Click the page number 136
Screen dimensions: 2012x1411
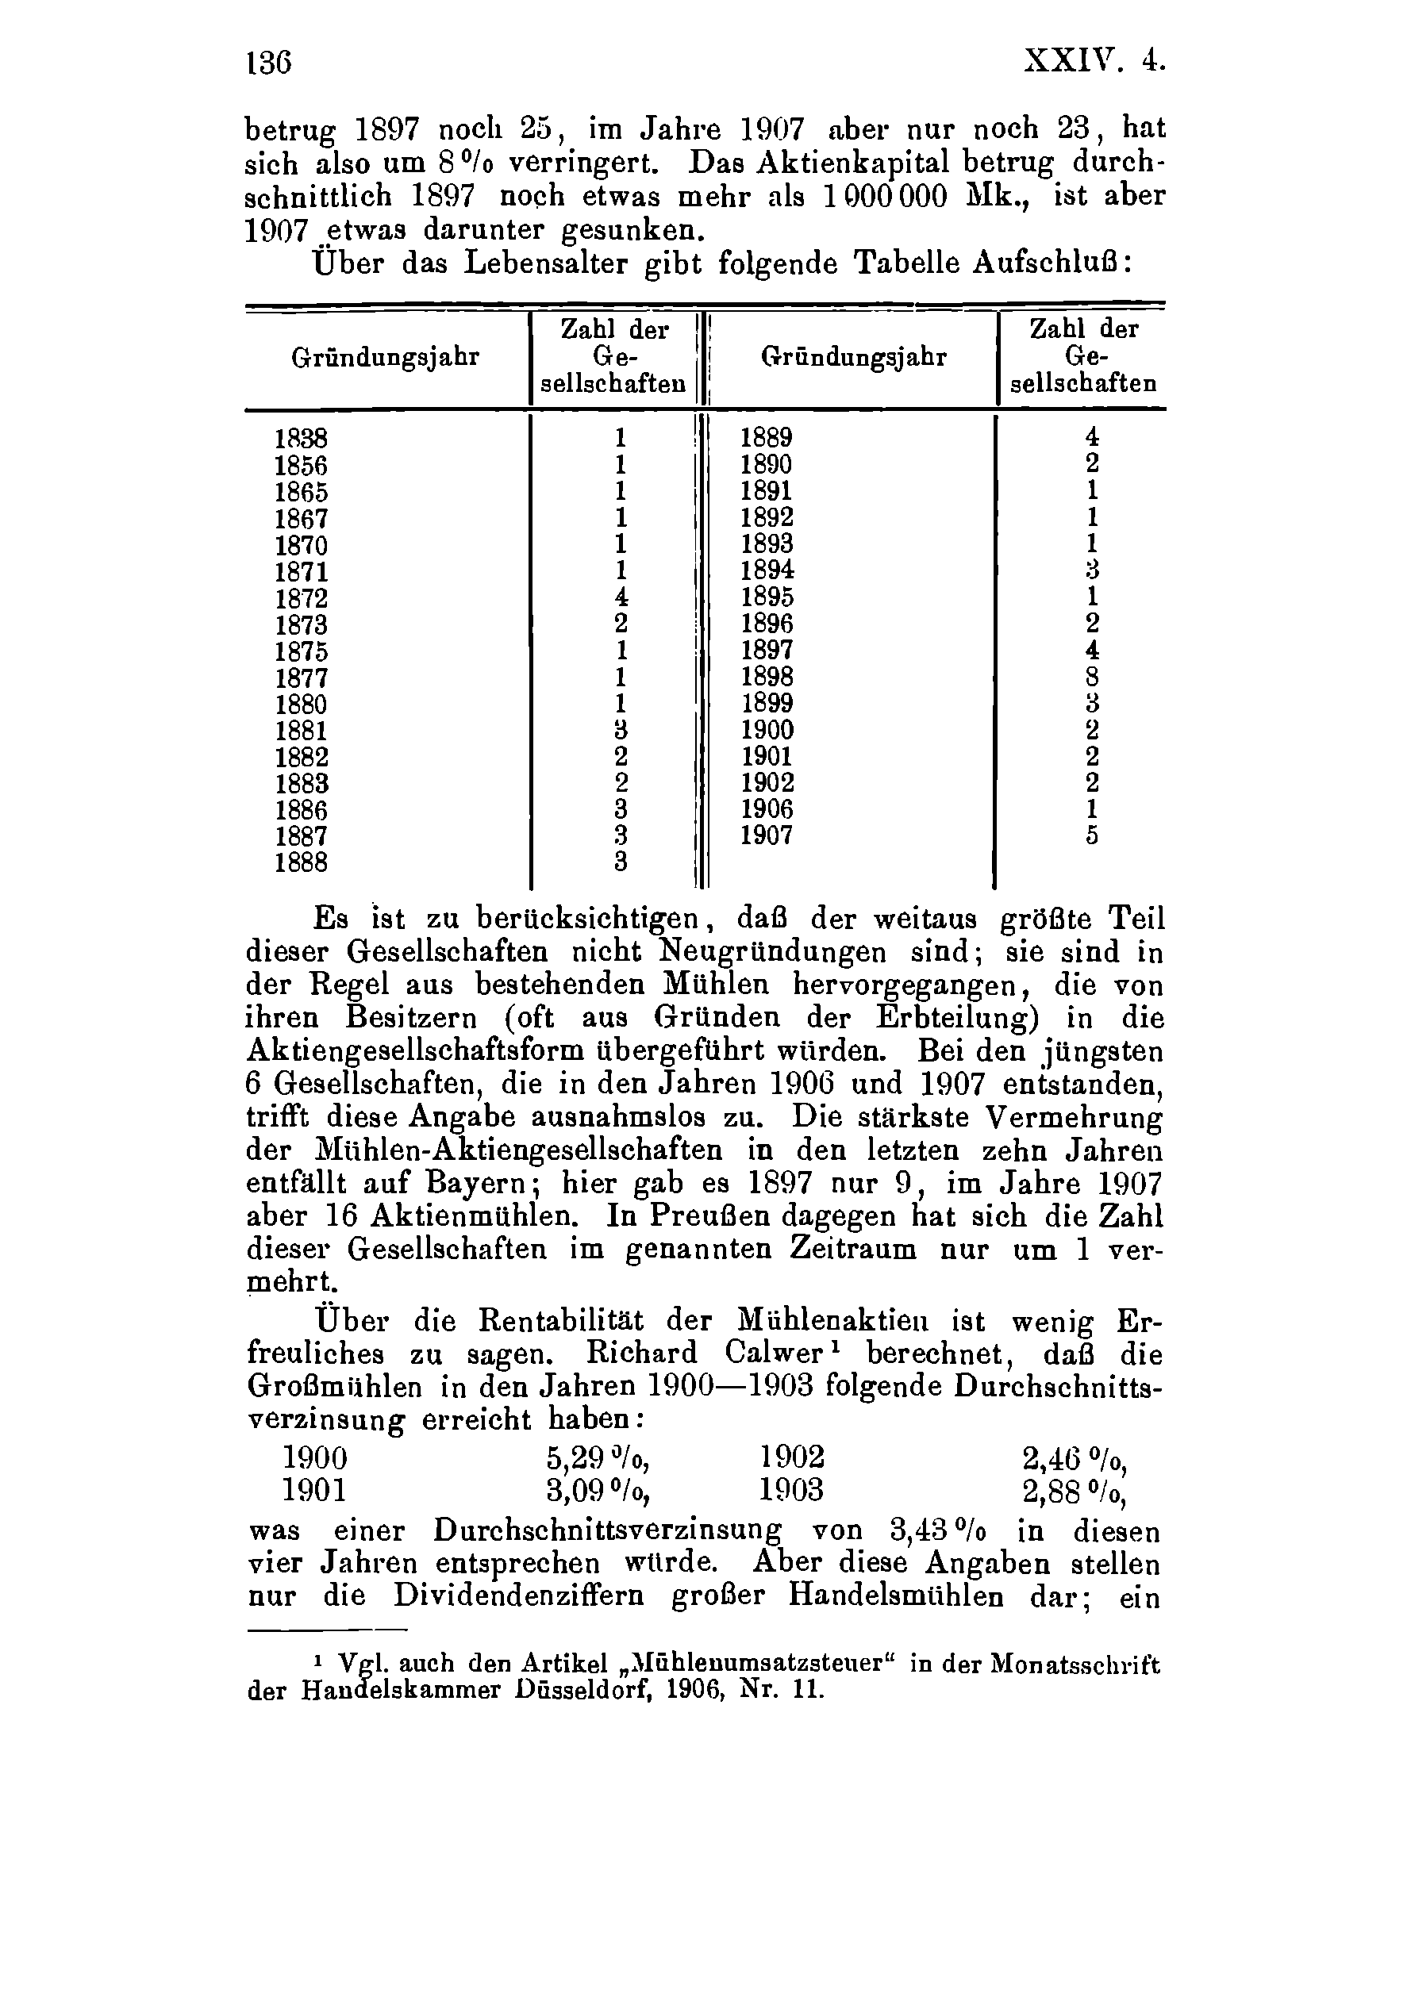click(268, 64)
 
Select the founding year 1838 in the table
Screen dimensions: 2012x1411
click(301, 438)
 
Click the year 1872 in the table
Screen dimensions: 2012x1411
click(301, 598)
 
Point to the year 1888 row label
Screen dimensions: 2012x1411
click(301, 863)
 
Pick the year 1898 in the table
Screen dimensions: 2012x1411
click(767, 677)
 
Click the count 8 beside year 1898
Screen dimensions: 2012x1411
click(1092, 677)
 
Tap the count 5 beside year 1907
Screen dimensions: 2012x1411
click(1092, 836)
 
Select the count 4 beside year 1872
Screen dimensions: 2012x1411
click(621, 598)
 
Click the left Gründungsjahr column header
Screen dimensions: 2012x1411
click(386, 358)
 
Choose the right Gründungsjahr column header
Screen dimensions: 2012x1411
click(855, 358)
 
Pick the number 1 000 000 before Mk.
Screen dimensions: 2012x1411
click(886, 195)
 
